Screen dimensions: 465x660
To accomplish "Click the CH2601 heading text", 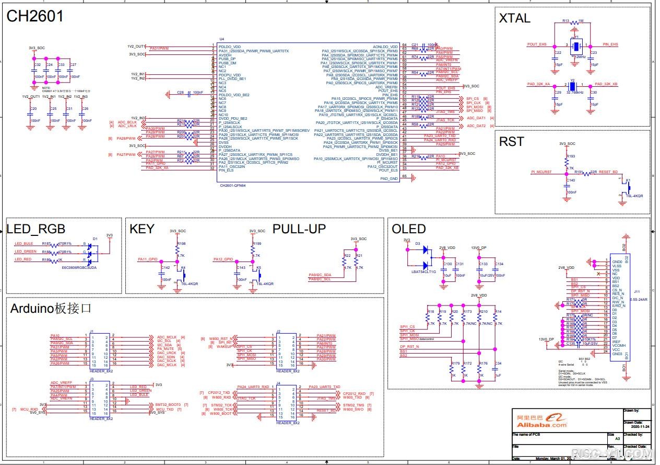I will tap(35, 17).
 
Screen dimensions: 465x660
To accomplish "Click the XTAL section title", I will tap(514, 18).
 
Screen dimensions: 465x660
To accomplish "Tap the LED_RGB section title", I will tap(36, 229).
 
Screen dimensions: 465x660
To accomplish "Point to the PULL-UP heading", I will tap(299, 229).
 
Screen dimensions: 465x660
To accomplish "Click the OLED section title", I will tap(409, 229).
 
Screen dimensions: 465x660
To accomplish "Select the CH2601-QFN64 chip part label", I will tap(232, 185).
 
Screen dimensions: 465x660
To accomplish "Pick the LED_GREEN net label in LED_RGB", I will tap(26, 252).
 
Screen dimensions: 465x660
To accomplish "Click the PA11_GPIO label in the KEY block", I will tap(148, 259).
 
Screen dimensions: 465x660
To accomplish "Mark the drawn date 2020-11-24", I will tap(635, 426).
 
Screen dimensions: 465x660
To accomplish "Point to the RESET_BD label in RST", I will tap(608, 172).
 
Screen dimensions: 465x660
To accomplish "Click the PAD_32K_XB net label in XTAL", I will tap(606, 84).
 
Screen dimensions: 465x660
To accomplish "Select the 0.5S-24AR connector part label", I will tap(638, 300).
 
